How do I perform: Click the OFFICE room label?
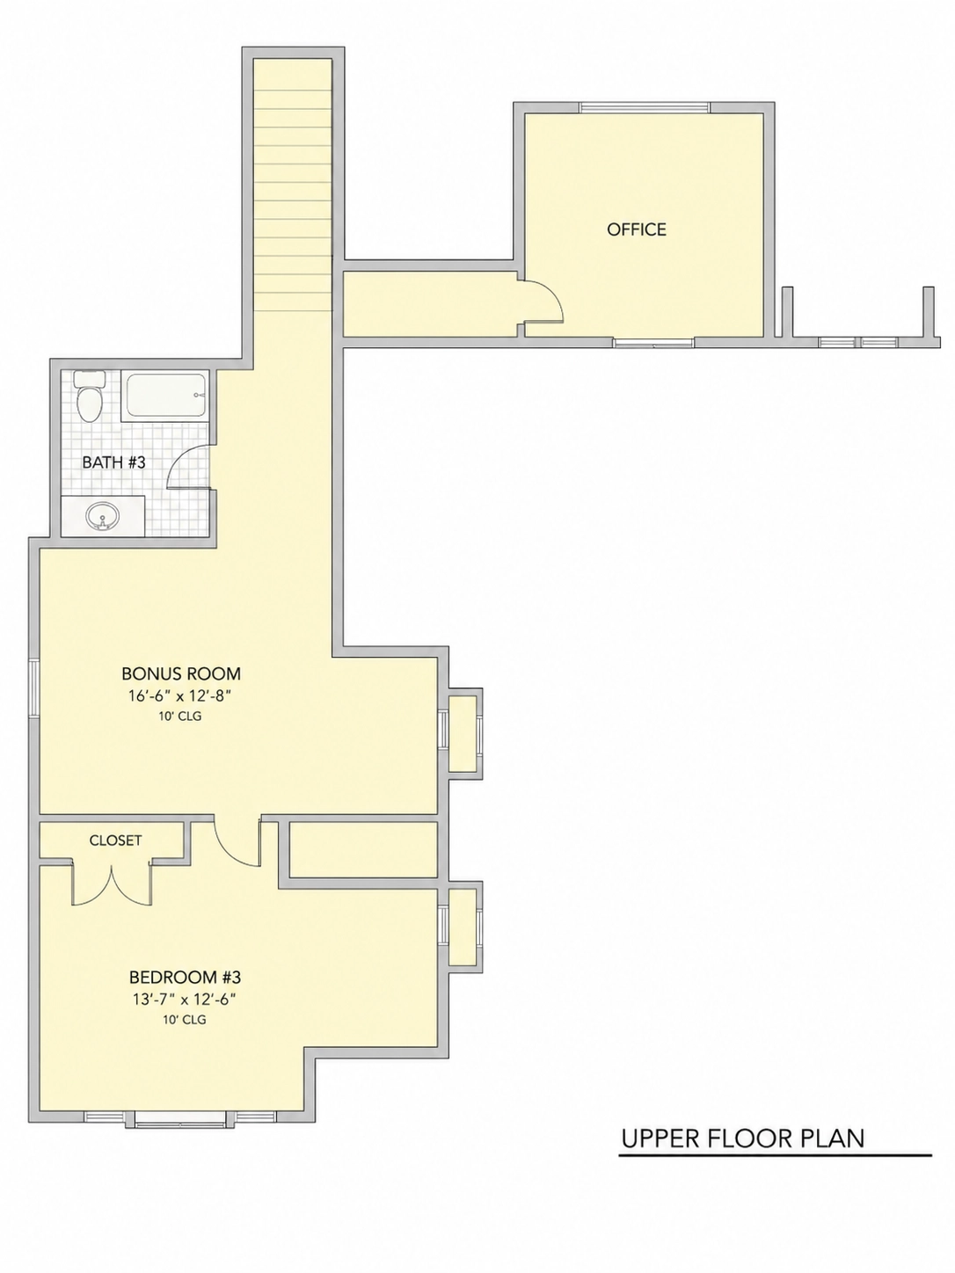pos(636,229)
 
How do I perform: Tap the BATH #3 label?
pos(113,462)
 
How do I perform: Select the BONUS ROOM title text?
pos(181,673)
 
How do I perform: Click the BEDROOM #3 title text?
pos(185,978)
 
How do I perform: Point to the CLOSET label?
pos(115,840)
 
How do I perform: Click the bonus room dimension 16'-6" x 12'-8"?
pos(180,695)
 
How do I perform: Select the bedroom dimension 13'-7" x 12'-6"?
pos(184,1000)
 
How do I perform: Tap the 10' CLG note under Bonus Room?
pos(180,717)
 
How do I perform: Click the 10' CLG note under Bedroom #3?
pos(185,1020)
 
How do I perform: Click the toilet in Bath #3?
pos(90,396)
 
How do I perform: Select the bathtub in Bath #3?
pos(165,395)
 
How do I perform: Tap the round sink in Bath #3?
pos(103,515)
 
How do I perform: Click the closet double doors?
pos(112,884)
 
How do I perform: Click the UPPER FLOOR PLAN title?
pos(743,1138)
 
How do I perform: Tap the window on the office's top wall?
pos(645,108)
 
